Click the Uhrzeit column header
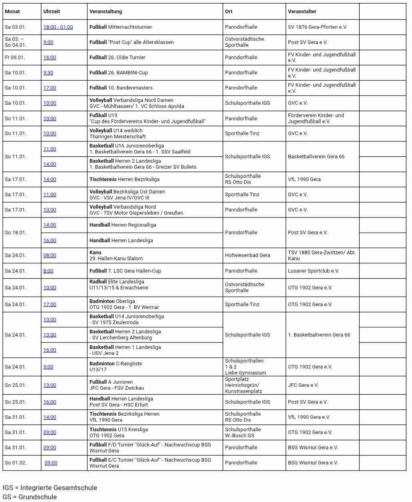52,12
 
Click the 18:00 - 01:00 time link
58,27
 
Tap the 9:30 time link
48,73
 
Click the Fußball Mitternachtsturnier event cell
121,27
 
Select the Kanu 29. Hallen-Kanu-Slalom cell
116,255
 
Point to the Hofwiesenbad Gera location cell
247,255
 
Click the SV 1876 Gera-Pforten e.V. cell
317,27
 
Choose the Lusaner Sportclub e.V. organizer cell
313,271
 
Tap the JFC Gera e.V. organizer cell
303,385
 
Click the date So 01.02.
16,463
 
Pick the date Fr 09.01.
15,58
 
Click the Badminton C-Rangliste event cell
115,367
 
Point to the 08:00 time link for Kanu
50,255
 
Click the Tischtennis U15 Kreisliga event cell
118,432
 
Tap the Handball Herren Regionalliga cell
123,225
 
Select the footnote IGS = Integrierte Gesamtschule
50,488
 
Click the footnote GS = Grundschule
30,497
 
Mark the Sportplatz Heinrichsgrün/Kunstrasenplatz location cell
243,385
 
